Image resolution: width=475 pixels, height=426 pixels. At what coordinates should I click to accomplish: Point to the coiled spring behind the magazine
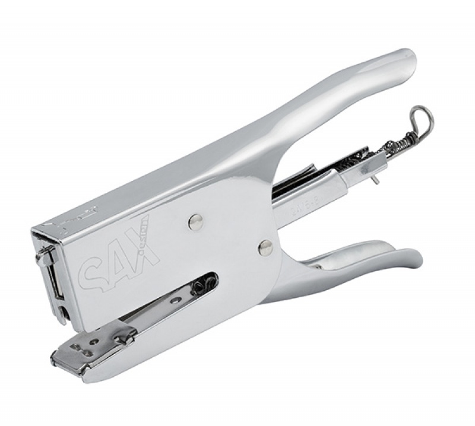(x=395, y=142)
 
